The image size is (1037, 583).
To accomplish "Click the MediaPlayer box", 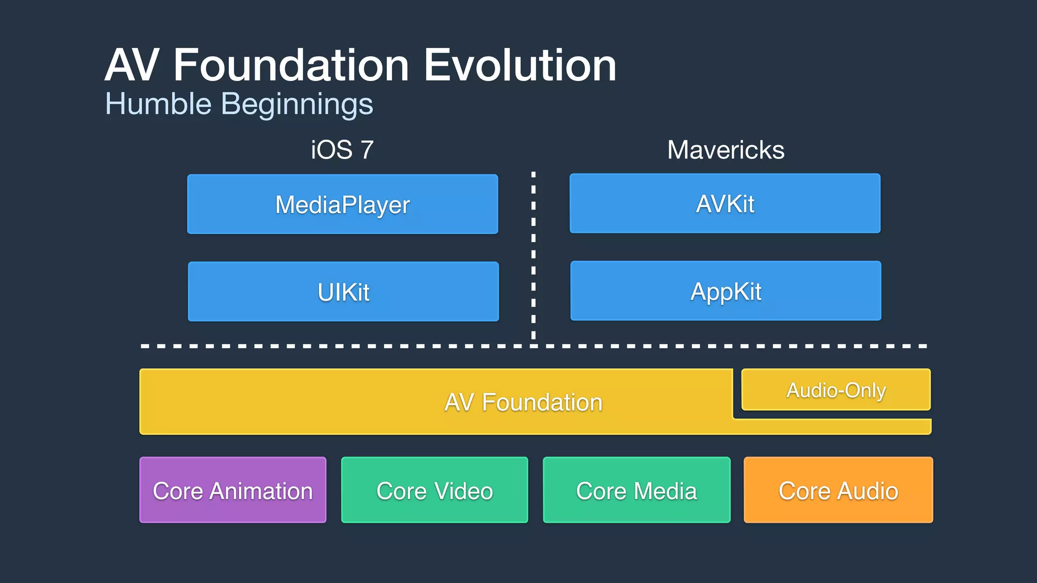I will tap(342, 204).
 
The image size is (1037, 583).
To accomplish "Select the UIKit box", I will tap(343, 291).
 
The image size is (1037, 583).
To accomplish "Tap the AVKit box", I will tap(725, 203).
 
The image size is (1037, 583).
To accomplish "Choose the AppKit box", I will tap(726, 291).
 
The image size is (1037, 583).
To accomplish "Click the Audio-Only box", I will tap(836, 390).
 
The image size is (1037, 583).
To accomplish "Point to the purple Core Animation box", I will tap(233, 490).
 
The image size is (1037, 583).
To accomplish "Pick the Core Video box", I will tap(434, 490).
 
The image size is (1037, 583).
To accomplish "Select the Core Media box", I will tap(636, 490).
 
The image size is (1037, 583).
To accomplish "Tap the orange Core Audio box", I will tap(838, 490).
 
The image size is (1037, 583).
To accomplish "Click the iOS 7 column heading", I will tap(342, 150).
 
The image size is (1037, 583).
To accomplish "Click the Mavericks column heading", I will tap(726, 150).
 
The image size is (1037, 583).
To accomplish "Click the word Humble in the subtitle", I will tap(158, 104).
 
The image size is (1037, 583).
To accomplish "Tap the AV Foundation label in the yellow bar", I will tap(523, 403).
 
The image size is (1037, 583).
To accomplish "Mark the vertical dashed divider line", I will tap(533, 253).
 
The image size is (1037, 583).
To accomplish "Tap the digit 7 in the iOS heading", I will tap(367, 150).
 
